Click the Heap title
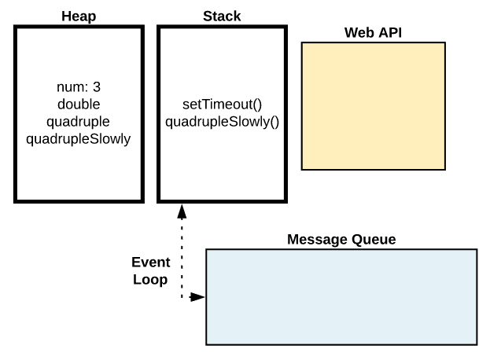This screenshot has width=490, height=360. (x=79, y=17)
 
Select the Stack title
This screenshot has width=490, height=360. (x=222, y=17)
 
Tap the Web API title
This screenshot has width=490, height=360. (x=374, y=32)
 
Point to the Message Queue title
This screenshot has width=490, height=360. (x=341, y=239)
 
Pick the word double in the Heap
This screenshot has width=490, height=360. (x=79, y=105)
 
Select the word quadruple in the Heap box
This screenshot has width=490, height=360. (x=79, y=122)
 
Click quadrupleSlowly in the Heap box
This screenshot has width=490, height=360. (x=79, y=139)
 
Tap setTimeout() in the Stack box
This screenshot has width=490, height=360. (x=222, y=105)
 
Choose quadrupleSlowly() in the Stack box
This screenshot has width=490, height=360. (x=222, y=122)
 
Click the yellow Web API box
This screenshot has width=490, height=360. (x=374, y=106)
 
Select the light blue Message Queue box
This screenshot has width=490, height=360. (x=341, y=296)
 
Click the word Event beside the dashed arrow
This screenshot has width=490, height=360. (x=149, y=263)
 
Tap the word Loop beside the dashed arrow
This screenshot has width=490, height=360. (x=149, y=279)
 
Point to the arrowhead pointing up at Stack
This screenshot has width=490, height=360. (x=182, y=211)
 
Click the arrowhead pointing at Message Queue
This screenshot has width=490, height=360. (x=198, y=297)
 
